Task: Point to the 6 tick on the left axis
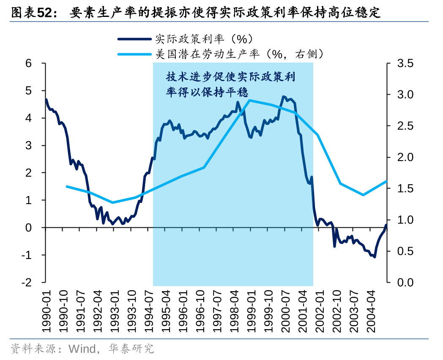[x=29, y=63]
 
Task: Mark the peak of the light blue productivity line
[x=250, y=101]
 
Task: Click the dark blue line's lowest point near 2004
[x=375, y=256]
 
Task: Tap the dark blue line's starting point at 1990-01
[x=46, y=100]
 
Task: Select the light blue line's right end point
[x=386, y=181]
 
